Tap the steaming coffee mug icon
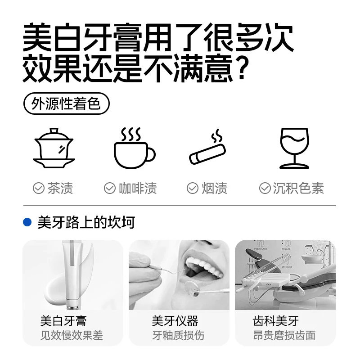[x=135, y=148]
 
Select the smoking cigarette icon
[x=207, y=147]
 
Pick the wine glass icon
[x=294, y=148]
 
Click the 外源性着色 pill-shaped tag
[x=66, y=103]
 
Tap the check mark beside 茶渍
[x=39, y=188]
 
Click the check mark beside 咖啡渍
[x=110, y=188]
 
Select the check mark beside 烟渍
[x=193, y=188]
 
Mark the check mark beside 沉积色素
[x=265, y=188]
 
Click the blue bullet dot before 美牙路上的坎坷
[x=27, y=222]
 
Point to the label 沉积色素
[x=298, y=188]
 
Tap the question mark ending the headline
[x=242, y=68]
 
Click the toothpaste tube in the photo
[x=72, y=275]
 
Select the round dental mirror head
[x=193, y=288]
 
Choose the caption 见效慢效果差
[x=72, y=335]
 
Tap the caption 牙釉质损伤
[x=178, y=335]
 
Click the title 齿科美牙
[x=276, y=321]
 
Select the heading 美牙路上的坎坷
[x=86, y=222]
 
